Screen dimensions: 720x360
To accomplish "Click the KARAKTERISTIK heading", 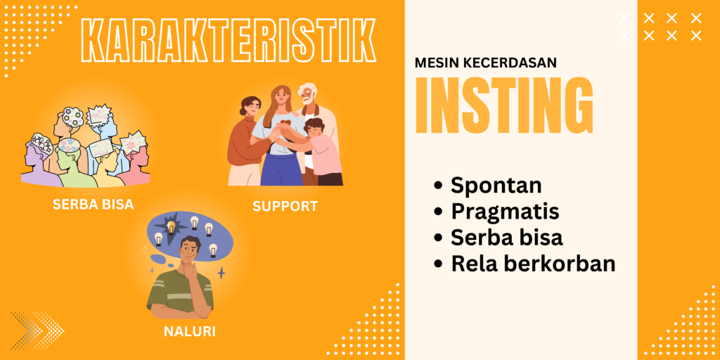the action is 229,40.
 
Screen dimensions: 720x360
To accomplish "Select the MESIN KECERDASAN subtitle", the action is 486,63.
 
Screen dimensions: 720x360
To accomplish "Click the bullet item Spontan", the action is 496,185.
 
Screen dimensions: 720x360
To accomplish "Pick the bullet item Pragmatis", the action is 505,212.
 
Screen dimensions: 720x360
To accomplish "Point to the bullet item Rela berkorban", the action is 533,264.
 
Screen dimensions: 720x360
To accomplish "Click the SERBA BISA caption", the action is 94,205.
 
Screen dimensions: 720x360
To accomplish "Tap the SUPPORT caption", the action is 285,206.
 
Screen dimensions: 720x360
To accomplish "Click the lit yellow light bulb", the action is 171,226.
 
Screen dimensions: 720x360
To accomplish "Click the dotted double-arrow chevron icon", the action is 37,330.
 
